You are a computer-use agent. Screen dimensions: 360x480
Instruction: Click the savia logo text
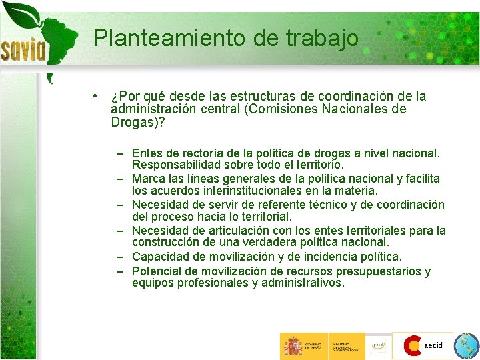[x=23, y=48]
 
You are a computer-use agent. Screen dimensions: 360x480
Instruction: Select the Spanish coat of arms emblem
[x=292, y=346]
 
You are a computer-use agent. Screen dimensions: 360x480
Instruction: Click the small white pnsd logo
[x=379, y=345]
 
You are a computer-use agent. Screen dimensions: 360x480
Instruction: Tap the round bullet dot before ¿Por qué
[x=97, y=95]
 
